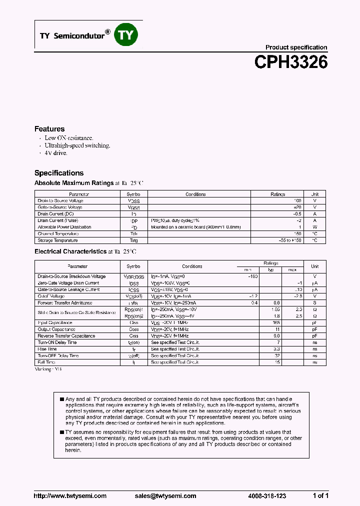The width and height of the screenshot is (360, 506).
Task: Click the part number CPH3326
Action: (290, 62)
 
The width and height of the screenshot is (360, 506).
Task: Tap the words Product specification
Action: (296, 47)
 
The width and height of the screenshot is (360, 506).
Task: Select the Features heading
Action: (49, 129)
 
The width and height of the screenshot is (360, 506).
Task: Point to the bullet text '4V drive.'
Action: (56, 153)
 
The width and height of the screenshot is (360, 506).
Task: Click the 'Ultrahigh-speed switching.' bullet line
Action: (77, 145)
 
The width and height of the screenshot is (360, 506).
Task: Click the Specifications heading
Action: (59, 173)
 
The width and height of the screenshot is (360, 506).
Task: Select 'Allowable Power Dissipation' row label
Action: (64, 227)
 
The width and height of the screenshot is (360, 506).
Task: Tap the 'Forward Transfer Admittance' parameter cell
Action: (64, 303)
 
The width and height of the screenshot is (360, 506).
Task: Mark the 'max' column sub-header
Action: (292, 270)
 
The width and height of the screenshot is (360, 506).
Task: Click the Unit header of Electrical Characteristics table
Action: (315, 266)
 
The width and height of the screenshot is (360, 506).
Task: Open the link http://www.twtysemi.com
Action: (70, 496)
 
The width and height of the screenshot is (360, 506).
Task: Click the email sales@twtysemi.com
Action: (165, 496)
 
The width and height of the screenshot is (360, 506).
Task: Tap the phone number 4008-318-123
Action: (267, 496)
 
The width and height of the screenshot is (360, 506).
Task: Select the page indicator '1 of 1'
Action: (320, 496)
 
